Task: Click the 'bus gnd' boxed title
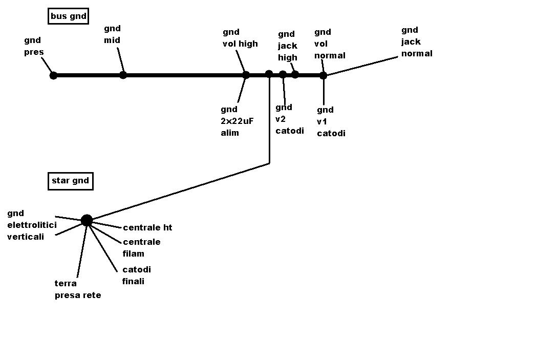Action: tap(68, 16)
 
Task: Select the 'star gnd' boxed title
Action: tap(70, 181)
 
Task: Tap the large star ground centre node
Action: tap(87, 221)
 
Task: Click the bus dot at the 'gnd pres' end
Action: tap(53, 76)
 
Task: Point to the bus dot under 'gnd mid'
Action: tap(123, 75)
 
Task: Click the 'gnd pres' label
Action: tap(34, 46)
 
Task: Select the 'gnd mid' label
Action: tap(112, 34)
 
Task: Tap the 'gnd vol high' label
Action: tap(240, 38)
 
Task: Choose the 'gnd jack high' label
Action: tap(287, 46)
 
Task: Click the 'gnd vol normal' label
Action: tap(330, 44)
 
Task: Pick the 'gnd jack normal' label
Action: tap(417, 42)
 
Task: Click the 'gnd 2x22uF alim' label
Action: tap(237, 121)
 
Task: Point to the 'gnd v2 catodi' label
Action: tap(290, 119)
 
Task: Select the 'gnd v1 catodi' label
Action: tap(331, 122)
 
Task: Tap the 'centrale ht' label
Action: tap(147, 228)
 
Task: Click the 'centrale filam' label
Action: tap(141, 248)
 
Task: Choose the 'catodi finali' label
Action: tap(137, 275)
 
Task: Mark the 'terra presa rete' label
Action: tap(78, 289)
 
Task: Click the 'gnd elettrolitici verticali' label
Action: tap(32, 225)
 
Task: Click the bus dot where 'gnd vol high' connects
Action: tap(246, 75)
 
